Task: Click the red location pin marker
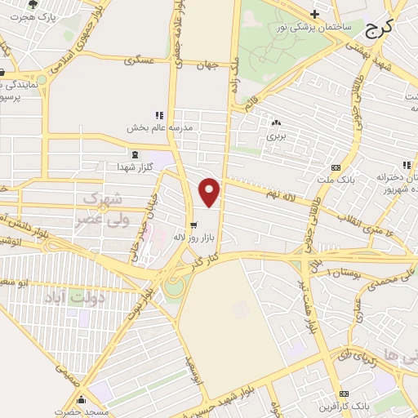(x=210, y=192)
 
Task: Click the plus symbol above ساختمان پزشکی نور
(x=314, y=14)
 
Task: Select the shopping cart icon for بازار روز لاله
(x=193, y=225)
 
